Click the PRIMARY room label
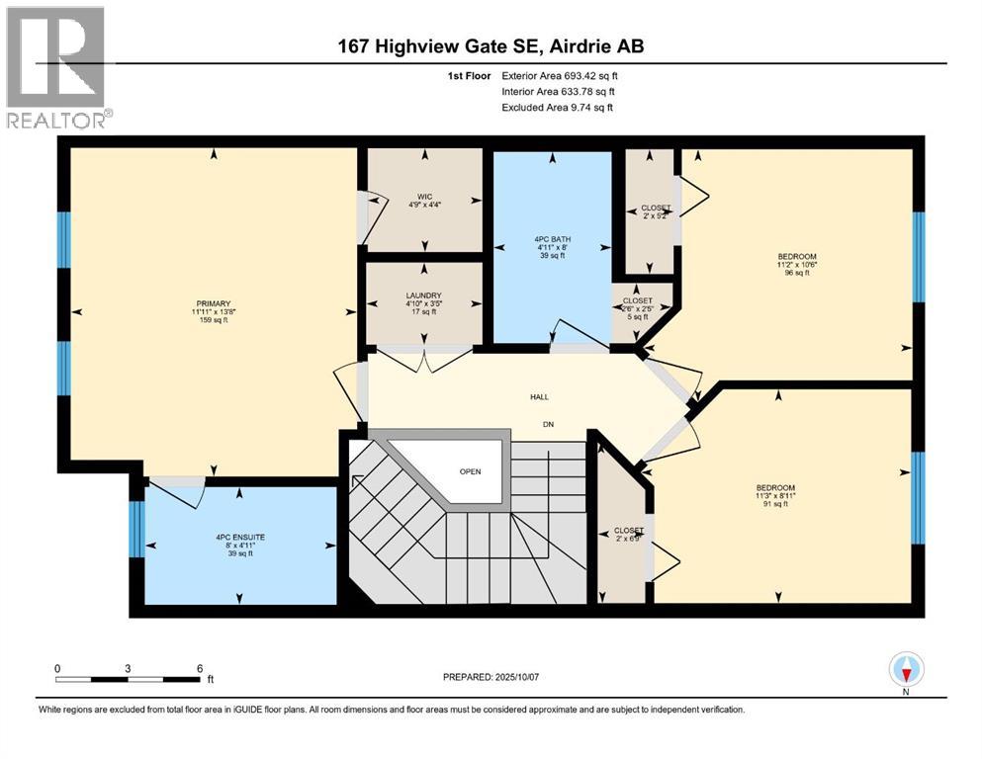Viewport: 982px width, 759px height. pyautogui.click(x=213, y=303)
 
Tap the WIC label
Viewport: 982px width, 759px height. pyautogui.click(x=424, y=196)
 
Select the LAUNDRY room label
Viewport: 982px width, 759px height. pyautogui.click(x=424, y=295)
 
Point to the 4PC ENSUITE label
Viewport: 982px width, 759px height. pyautogui.click(x=240, y=537)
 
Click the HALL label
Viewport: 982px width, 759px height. pyautogui.click(x=538, y=397)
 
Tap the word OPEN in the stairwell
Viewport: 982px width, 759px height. pyautogui.click(x=470, y=471)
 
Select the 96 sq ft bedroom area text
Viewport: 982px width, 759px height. pyautogui.click(x=796, y=274)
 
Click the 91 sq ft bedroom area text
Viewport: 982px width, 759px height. pyautogui.click(x=775, y=505)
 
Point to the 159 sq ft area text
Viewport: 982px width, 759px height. pyautogui.click(x=213, y=321)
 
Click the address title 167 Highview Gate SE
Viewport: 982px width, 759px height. pyautogui.click(x=489, y=46)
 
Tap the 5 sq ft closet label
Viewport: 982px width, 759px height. pyautogui.click(x=637, y=317)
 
